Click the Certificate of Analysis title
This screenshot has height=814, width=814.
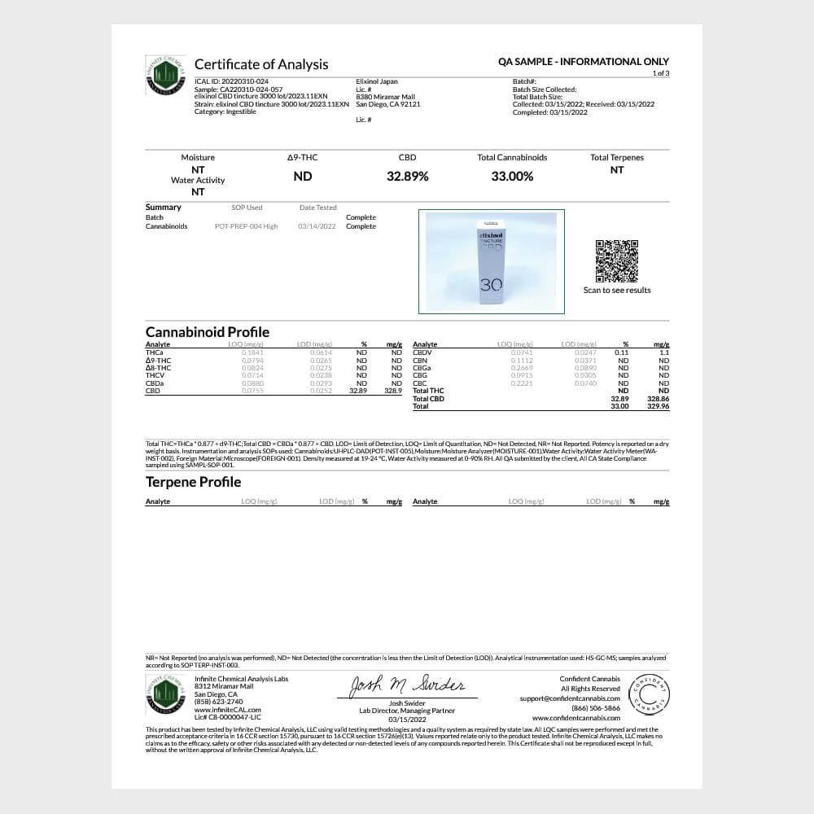click(x=261, y=64)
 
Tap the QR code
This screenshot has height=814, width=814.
click(x=616, y=260)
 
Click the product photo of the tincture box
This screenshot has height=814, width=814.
click(x=491, y=261)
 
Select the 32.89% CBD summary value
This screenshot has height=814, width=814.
click(x=407, y=176)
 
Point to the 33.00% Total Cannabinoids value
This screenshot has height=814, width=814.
click(x=512, y=176)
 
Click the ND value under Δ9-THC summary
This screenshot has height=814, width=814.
click(x=303, y=176)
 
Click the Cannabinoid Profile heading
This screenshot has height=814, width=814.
click(x=207, y=332)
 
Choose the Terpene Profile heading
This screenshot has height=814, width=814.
click(x=193, y=482)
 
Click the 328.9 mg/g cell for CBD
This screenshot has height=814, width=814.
click(x=393, y=391)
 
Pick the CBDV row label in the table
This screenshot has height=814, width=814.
click(x=422, y=352)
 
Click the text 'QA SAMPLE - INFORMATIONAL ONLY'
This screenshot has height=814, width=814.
click(x=583, y=62)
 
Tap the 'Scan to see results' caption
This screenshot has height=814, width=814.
click(x=616, y=291)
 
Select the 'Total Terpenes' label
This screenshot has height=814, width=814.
click(x=616, y=157)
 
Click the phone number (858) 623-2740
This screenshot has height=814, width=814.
click(x=219, y=702)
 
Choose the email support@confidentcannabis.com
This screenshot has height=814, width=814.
click(x=570, y=698)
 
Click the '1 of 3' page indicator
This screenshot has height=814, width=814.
click(x=660, y=73)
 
